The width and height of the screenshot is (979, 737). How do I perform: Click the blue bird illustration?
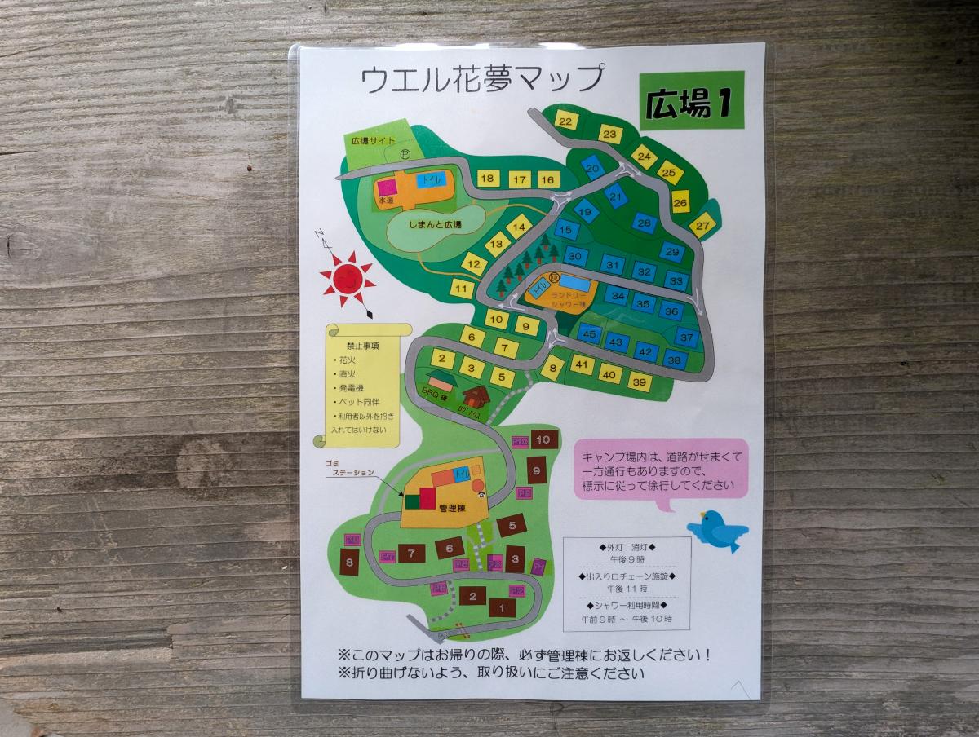717,530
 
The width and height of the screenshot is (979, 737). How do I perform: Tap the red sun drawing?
348,277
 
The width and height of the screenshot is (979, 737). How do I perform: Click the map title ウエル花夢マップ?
482,80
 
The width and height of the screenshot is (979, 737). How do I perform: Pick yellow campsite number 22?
566,121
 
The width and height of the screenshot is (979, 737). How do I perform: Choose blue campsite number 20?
593,167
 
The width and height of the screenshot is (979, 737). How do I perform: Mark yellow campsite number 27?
702,226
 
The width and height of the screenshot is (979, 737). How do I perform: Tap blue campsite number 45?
591,333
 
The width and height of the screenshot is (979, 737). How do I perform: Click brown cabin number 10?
544,439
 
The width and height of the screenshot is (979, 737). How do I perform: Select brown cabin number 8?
350,563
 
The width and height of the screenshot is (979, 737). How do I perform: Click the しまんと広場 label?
435,225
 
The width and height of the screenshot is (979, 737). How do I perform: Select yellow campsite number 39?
639,382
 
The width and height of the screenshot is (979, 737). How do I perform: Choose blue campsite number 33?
675,281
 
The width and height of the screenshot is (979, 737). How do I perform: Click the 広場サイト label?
373,141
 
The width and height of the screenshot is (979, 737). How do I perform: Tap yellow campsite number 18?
488,179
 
